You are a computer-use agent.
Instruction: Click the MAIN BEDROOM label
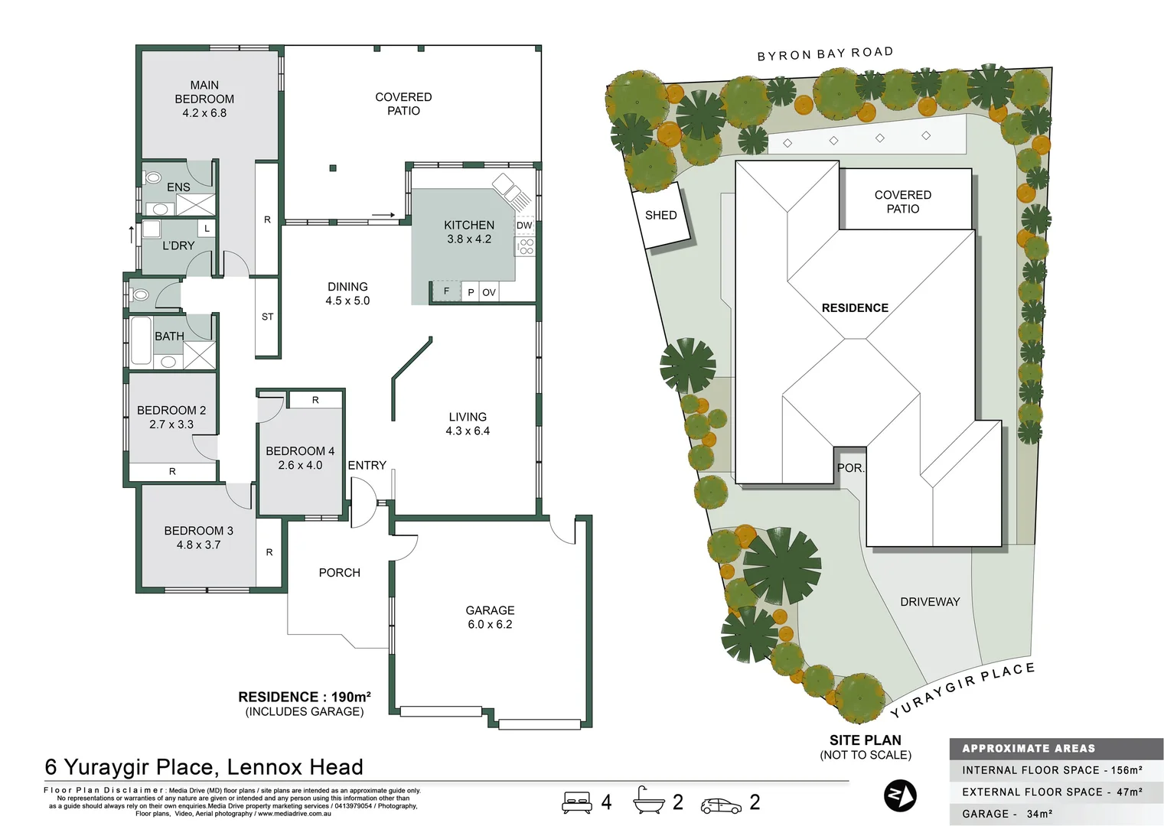(x=204, y=92)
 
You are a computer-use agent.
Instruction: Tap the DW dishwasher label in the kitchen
(x=524, y=226)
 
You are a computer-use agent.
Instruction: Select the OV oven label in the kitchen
(x=488, y=292)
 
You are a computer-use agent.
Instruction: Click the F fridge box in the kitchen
(x=446, y=291)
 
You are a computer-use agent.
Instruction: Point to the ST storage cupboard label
(x=267, y=317)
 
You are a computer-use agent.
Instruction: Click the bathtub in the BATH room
(x=141, y=341)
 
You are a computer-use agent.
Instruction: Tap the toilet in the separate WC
(x=140, y=294)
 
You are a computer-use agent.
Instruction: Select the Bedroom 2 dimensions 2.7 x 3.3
(x=171, y=424)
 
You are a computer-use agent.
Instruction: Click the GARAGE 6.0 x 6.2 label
(x=490, y=617)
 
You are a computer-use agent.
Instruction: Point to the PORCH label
(x=339, y=573)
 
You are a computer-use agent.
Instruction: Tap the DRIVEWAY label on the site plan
(x=929, y=602)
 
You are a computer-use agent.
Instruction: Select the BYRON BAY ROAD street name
(x=825, y=54)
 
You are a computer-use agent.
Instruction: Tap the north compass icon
(x=900, y=796)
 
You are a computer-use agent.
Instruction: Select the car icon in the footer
(x=720, y=805)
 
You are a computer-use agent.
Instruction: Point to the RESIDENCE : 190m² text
(x=305, y=697)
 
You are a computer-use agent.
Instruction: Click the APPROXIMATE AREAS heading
(x=1028, y=749)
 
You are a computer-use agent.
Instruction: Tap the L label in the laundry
(x=206, y=228)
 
